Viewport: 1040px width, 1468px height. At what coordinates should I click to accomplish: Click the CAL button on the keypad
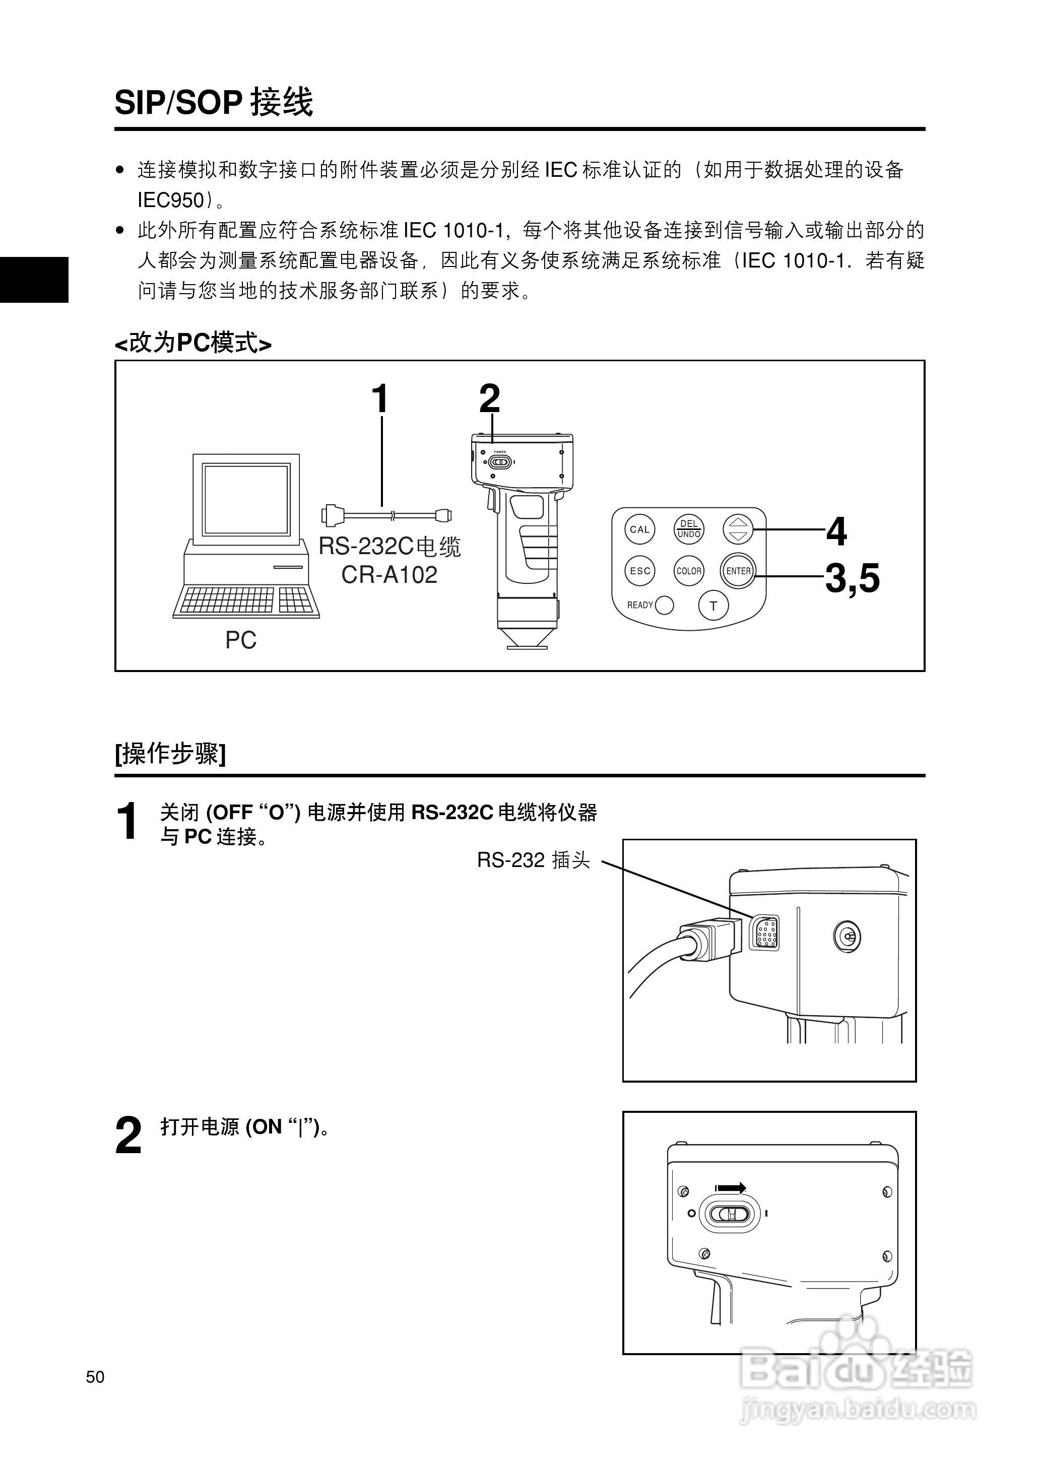tap(639, 529)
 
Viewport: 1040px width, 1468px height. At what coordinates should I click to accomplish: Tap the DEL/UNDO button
tap(688, 529)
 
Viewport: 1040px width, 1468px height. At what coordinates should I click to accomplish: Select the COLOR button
tap(688, 570)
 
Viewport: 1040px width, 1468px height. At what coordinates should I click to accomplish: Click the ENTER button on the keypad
tap(738, 570)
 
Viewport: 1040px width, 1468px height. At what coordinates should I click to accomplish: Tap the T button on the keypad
tap(713, 606)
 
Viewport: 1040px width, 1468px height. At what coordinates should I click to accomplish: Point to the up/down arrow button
tap(738, 529)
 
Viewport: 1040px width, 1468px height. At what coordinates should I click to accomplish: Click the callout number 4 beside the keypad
tap(836, 531)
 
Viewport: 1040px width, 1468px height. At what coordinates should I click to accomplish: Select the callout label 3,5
tap(852, 578)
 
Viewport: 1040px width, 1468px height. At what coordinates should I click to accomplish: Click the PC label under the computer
tap(240, 640)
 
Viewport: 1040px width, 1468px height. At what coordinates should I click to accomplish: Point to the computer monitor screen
tap(246, 499)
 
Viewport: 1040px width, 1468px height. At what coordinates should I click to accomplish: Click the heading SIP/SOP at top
tap(178, 102)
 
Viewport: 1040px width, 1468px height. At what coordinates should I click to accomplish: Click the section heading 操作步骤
tap(170, 754)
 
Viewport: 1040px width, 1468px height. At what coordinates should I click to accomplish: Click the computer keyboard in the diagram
tap(246, 600)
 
